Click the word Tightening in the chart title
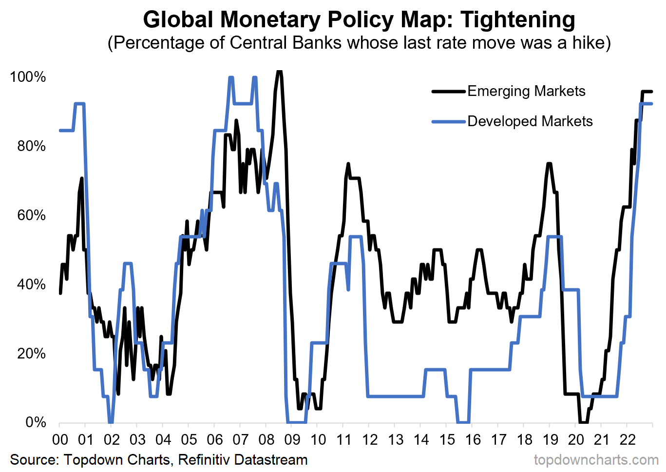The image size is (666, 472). click(517, 19)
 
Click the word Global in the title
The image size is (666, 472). click(178, 19)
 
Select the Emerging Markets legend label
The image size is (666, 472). click(526, 91)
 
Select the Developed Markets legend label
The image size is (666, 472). click(530, 121)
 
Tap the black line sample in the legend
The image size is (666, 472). click(449, 91)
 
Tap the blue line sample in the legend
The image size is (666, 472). click(449, 121)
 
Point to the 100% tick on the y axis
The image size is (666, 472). click(28, 77)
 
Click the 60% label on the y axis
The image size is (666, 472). click(31, 215)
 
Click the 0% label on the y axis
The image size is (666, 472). click(35, 422)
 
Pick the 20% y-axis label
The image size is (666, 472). click(31, 353)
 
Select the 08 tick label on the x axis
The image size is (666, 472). click(266, 440)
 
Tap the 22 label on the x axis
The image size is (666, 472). click(628, 440)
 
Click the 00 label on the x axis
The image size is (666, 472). click(60, 440)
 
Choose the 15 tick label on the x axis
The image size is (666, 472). click(447, 440)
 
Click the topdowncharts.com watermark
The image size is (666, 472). click(596, 460)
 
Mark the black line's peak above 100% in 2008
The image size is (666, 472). click(279, 72)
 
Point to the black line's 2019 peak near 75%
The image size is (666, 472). click(549, 164)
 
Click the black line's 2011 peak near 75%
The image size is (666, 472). click(348, 164)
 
